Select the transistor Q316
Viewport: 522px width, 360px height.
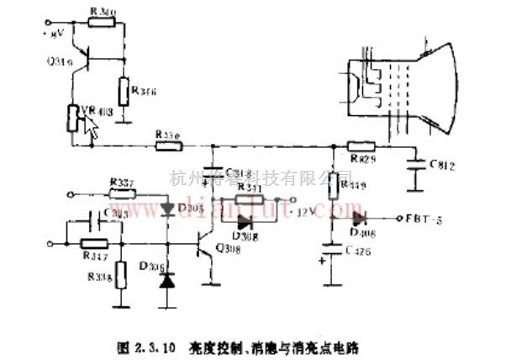pos(79,60)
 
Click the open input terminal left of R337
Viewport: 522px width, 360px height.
pos(66,194)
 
